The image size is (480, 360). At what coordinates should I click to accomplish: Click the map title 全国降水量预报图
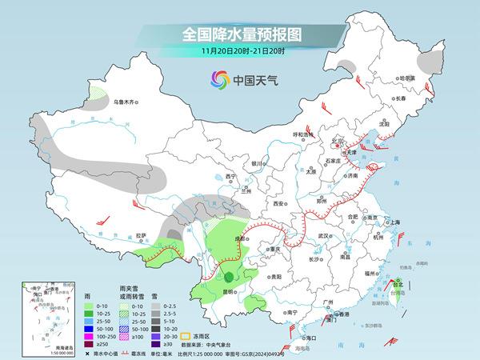[240, 34]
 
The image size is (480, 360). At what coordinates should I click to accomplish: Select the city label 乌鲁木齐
[126, 102]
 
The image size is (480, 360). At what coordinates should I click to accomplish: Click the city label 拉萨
[142, 236]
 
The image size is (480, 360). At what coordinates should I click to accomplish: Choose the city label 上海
[394, 222]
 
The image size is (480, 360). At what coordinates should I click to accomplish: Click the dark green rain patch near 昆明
[230, 277]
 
